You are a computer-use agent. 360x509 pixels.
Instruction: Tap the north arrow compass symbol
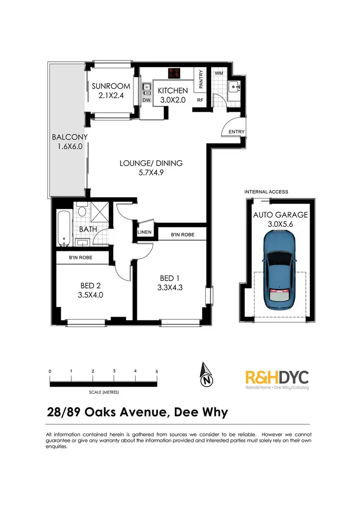point(206,376)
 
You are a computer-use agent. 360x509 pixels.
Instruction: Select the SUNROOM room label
point(111,86)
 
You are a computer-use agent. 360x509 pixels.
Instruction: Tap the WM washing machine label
point(218,73)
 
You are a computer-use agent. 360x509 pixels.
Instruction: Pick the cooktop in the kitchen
point(174,74)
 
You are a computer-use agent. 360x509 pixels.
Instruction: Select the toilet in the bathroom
point(81,211)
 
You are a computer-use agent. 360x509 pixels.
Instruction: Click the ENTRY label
point(237,132)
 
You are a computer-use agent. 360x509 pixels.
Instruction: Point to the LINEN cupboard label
point(144,232)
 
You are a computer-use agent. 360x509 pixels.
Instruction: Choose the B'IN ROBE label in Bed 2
point(81,258)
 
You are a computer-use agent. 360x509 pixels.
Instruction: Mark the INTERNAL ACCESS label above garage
point(266,192)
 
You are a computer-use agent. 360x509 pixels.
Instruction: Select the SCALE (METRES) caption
point(104,392)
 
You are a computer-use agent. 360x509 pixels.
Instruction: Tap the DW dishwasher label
point(146,100)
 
